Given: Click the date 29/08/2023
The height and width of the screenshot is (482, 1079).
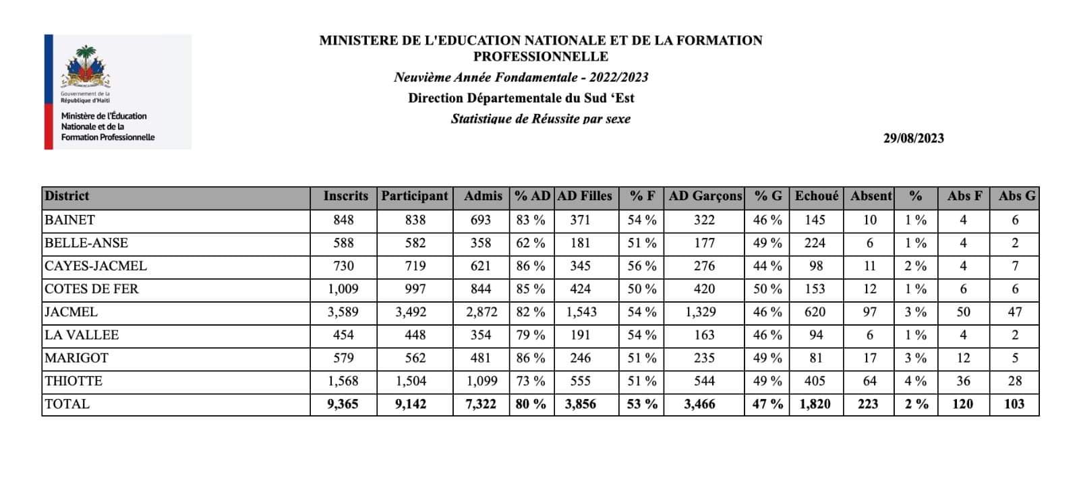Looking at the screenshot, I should point(913,138).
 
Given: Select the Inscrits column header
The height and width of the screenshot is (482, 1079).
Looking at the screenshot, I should point(345,196).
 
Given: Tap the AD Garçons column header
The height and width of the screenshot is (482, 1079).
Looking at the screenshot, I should point(705,196).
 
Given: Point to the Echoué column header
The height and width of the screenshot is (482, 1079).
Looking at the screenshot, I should point(817,196).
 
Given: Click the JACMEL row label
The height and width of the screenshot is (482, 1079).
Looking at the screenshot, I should point(71,312).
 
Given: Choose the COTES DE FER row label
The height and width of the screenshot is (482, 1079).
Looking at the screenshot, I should point(91,289).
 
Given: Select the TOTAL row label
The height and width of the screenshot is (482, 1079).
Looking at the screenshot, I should point(67,404).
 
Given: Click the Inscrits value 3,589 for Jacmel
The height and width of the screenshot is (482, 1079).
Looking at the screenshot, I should point(343,312).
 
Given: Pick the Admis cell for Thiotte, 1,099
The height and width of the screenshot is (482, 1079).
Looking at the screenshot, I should point(481,381).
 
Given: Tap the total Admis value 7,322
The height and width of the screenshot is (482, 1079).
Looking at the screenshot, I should point(481,404).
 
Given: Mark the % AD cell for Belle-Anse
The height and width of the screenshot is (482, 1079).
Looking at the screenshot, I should point(531,243).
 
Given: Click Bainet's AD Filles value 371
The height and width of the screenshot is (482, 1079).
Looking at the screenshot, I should point(580,220).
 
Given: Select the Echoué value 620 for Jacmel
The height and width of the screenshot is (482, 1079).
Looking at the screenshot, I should point(815,312).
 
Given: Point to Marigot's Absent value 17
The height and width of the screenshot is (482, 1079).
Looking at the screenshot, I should point(870,358).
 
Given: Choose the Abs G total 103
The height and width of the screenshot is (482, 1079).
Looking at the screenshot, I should point(1014,404).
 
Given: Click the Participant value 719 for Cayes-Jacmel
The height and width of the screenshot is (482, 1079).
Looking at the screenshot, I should point(415,266).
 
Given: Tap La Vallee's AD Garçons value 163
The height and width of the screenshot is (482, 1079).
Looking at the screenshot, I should point(704,335).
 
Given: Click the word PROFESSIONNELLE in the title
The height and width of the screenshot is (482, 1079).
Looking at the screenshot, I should point(540,57).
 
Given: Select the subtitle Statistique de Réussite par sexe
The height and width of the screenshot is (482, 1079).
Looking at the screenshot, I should point(540,119).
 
